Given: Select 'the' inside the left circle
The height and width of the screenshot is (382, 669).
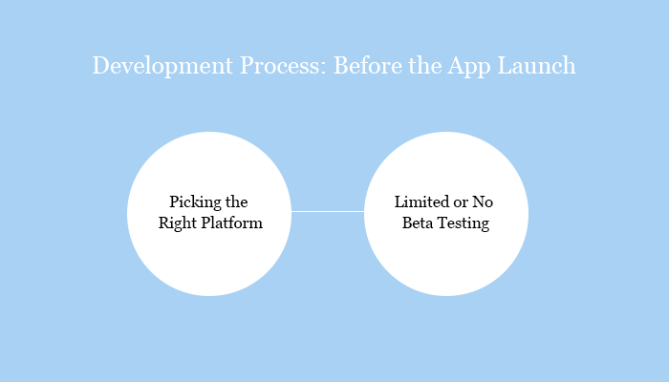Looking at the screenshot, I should pos(235,202).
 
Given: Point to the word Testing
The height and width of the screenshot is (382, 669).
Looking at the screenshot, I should pos(465,224).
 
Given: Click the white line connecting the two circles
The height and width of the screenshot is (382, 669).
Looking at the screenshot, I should pos(328,211).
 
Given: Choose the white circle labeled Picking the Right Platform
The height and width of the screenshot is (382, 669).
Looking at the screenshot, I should pos(209,258).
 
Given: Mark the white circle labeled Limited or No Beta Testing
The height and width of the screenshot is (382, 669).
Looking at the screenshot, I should pos(446,258).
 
